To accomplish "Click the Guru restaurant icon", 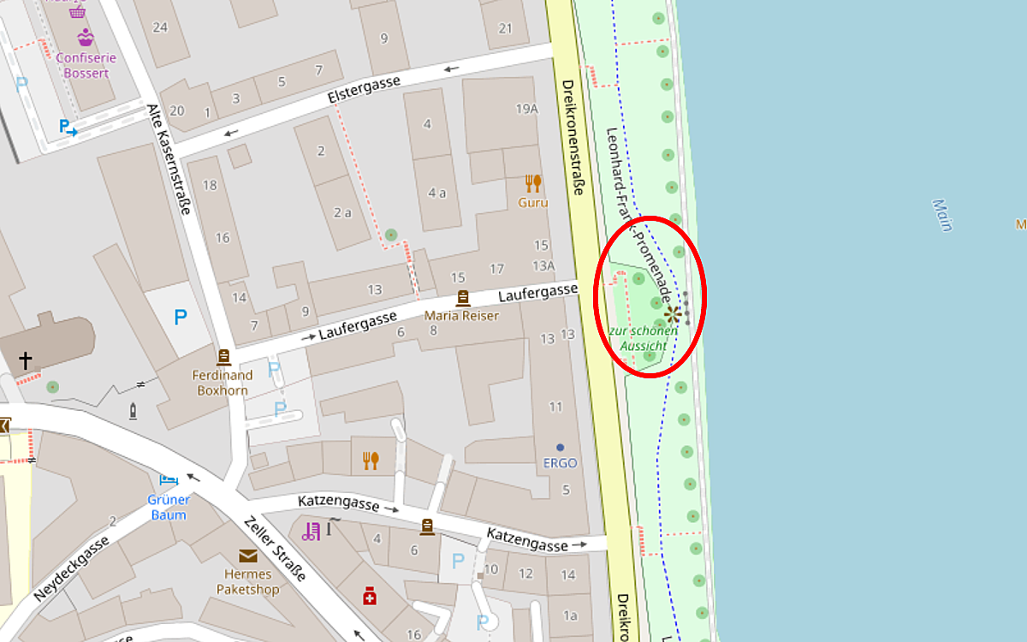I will point(533,183).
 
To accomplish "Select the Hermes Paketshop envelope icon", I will point(248,556).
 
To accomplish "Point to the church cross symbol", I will point(26,361).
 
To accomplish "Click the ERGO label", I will point(560,463).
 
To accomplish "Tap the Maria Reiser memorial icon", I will point(463,298).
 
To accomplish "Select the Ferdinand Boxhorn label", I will point(223,383).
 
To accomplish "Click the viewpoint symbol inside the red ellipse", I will point(673,314).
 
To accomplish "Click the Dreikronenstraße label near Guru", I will point(572,137).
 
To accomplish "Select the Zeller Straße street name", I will point(274,548).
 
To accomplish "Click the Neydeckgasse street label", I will point(72,568).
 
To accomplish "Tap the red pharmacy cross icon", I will point(370,595).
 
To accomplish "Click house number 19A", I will point(527,109).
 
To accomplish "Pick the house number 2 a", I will point(342,212).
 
